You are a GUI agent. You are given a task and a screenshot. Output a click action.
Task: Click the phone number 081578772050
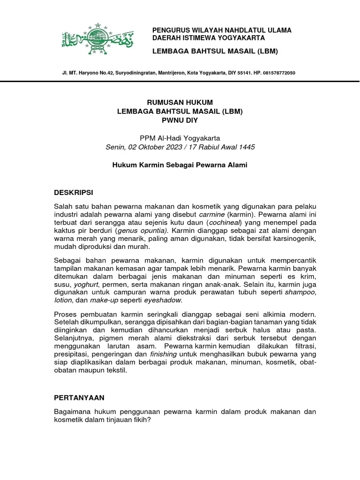(279, 73)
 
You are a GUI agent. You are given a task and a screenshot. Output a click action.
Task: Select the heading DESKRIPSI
(74, 193)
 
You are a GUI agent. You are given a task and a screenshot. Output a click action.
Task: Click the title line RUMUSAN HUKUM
(180, 102)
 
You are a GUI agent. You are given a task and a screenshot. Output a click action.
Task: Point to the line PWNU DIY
(180, 120)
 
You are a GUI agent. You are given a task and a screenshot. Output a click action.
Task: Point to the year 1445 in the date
(246, 147)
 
